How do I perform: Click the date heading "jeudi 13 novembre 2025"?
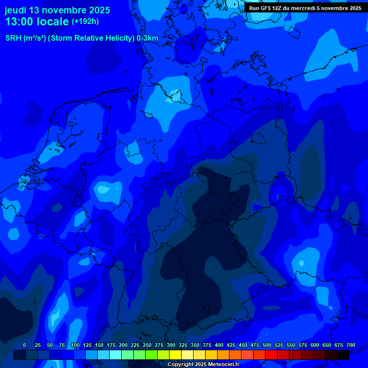57,10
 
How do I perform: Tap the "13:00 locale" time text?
37,22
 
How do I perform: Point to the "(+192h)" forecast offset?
85,22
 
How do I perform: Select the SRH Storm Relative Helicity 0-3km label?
82,38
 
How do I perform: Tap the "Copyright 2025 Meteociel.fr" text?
203,364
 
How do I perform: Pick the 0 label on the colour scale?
24,345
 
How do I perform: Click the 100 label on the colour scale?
75,345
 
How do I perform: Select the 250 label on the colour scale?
147,345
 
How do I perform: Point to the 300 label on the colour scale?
171,345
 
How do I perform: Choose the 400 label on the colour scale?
219,345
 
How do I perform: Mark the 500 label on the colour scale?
267,345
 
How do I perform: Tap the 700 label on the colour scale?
351,345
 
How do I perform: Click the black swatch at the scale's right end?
343,355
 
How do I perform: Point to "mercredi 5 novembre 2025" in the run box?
326,8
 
